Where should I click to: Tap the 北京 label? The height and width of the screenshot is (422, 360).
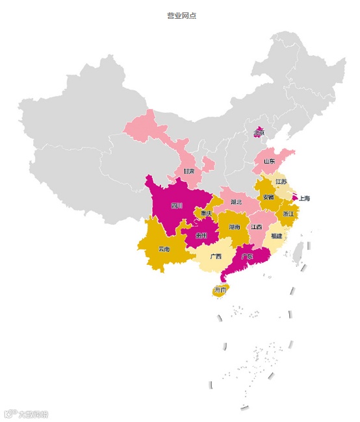pyautogui.click(x=259, y=133)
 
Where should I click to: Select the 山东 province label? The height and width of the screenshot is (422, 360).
pyautogui.click(x=269, y=161)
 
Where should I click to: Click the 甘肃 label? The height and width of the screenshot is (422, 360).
pyautogui.click(x=188, y=172)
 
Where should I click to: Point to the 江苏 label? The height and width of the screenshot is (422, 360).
pyautogui.click(x=281, y=182)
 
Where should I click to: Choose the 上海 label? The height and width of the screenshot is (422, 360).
pyautogui.click(x=305, y=198)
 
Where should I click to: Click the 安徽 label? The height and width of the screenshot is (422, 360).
pyautogui.click(x=268, y=197)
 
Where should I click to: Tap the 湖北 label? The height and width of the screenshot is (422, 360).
pyautogui.click(x=236, y=202)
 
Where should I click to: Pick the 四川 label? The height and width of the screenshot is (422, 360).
pyautogui.click(x=177, y=206)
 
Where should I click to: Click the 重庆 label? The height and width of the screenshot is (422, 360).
pyautogui.click(x=206, y=214)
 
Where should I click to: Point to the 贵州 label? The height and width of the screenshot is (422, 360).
pyautogui.click(x=201, y=236)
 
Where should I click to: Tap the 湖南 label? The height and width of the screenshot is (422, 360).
pyautogui.click(x=235, y=227)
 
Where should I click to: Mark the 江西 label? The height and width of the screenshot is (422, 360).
pyautogui.click(x=257, y=227)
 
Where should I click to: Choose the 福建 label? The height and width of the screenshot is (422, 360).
pyautogui.click(x=277, y=236)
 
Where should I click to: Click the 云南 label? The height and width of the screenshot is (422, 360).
pyautogui.click(x=163, y=249)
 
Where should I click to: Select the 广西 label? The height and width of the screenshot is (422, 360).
pyautogui.click(x=215, y=256)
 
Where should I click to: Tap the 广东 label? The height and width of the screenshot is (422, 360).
pyautogui.click(x=247, y=256)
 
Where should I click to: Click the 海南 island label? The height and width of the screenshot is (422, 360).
pyautogui.click(x=220, y=290)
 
